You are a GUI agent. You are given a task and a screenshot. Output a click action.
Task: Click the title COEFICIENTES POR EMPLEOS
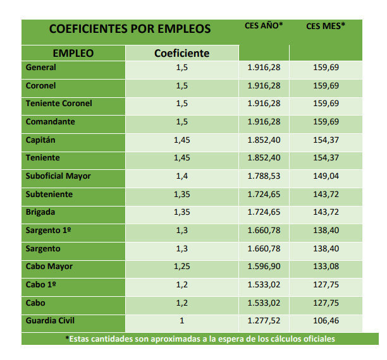(130, 29)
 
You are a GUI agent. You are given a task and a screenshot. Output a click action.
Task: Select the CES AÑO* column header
(264, 26)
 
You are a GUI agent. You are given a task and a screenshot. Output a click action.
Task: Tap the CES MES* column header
(325, 26)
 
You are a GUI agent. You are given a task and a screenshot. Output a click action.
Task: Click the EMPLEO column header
(73, 53)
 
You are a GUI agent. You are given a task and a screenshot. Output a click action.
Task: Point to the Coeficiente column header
(181, 53)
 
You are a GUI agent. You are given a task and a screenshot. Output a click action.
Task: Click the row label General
(41, 68)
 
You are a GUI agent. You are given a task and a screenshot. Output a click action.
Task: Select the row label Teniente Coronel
(59, 104)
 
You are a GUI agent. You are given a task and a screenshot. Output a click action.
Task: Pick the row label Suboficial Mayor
(58, 176)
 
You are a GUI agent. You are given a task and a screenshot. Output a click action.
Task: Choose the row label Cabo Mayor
(49, 267)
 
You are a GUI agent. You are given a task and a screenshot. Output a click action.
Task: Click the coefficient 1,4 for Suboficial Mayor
(182, 176)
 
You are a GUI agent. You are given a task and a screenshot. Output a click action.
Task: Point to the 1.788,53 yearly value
(264, 176)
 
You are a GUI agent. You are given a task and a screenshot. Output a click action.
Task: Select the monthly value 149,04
(326, 176)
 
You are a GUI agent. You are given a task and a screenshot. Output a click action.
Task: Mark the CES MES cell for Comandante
(326, 122)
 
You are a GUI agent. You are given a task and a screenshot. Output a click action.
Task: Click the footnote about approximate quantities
(200, 339)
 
